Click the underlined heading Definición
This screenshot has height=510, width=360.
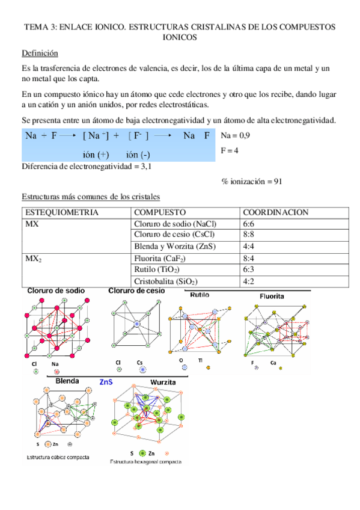pyautogui.click(x=40, y=53)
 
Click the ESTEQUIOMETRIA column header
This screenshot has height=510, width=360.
pyautogui.click(x=61, y=213)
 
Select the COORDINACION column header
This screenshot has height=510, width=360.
pyautogui.click(x=275, y=213)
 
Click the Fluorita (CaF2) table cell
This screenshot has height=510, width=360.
pyautogui.click(x=159, y=258)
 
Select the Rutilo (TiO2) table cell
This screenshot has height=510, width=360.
pyautogui.click(x=157, y=269)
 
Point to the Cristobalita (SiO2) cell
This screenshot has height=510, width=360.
pyautogui.click(x=166, y=281)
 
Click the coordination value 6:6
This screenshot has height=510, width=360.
pyautogui.click(x=249, y=224)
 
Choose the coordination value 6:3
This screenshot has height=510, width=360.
pyautogui.click(x=249, y=269)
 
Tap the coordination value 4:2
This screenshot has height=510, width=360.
pyautogui.click(x=249, y=281)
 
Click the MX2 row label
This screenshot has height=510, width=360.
pyautogui.click(x=33, y=259)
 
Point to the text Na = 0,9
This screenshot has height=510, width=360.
pyautogui.click(x=236, y=136)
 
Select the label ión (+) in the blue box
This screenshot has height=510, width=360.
pyautogui.click(x=96, y=155)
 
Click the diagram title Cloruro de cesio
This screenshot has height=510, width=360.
pyautogui.click(x=136, y=290)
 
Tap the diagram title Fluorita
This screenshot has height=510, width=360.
pyautogui.click(x=272, y=296)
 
